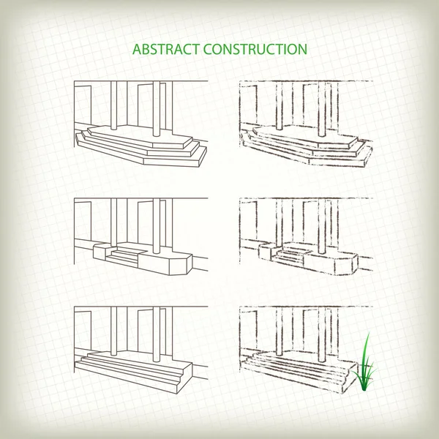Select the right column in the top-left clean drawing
pyautogui.click(x=158, y=110)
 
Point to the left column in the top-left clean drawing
pyautogui.click(x=116, y=102)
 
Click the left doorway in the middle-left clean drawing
pyautogui.click(x=83, y=223)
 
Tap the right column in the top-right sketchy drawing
pyautogui.click(x=323, y=110)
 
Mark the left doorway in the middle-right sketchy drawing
pyautogui.click(x=248, y=223)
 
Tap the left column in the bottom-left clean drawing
pyautogui.click(x=116, y=329)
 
